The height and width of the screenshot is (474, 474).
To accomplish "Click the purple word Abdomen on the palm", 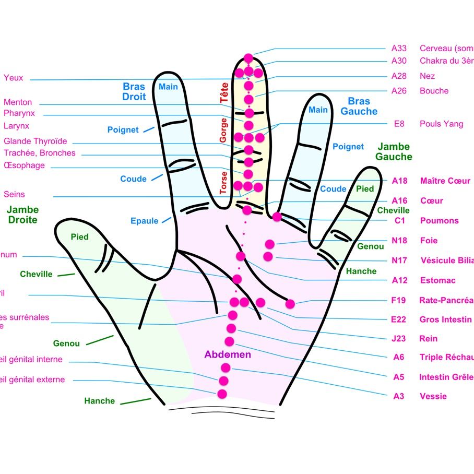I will pos(228,355).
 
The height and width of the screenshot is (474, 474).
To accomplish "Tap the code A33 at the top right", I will pos(399,48).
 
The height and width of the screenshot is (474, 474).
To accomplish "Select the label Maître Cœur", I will pos(445,181).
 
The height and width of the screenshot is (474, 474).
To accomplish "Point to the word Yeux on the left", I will pos(14,78).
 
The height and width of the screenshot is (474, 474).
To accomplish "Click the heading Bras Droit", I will pos(134,91).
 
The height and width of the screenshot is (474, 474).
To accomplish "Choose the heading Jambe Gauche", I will pos(394,152).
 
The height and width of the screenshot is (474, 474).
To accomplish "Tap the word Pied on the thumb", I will pos(79,237).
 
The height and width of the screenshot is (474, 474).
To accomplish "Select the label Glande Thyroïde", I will pos(35,141).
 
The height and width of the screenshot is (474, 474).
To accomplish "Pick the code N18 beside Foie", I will pos(399,241).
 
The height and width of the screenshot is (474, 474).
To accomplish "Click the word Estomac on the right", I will pos(437,280).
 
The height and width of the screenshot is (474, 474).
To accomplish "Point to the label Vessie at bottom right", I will pos(433,396).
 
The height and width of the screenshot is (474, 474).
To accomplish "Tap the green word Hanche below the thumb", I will pos(99,401).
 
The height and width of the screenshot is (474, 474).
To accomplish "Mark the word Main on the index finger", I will pos(168,87).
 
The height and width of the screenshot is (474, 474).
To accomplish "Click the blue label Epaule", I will pos(144,221).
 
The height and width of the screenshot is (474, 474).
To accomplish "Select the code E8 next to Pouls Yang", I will pos(399,124).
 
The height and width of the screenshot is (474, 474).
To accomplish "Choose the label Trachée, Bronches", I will pos(40,153).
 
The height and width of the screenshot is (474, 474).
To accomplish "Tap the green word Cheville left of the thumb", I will pos(36,274).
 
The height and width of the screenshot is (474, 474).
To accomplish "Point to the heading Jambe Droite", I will pos(23,215).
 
